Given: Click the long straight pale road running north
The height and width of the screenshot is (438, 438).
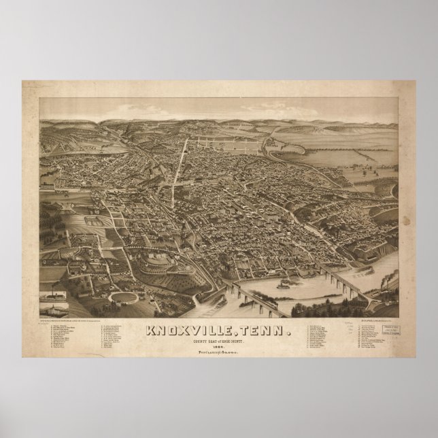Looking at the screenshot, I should pyautogui.click(x=178, y=156).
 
